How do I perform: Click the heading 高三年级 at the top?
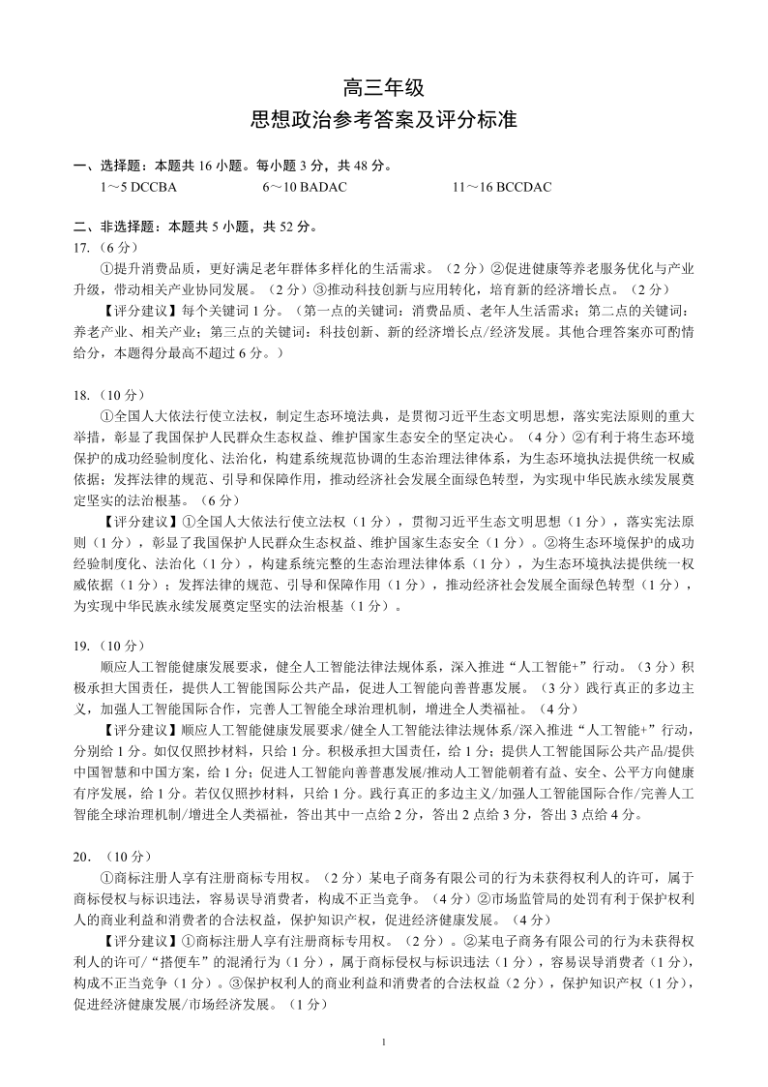point(383,88)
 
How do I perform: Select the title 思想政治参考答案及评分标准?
point(383,121)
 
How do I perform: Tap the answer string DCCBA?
point(154,187)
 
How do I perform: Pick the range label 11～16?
point(473,187)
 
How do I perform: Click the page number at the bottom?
point(384,1042)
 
